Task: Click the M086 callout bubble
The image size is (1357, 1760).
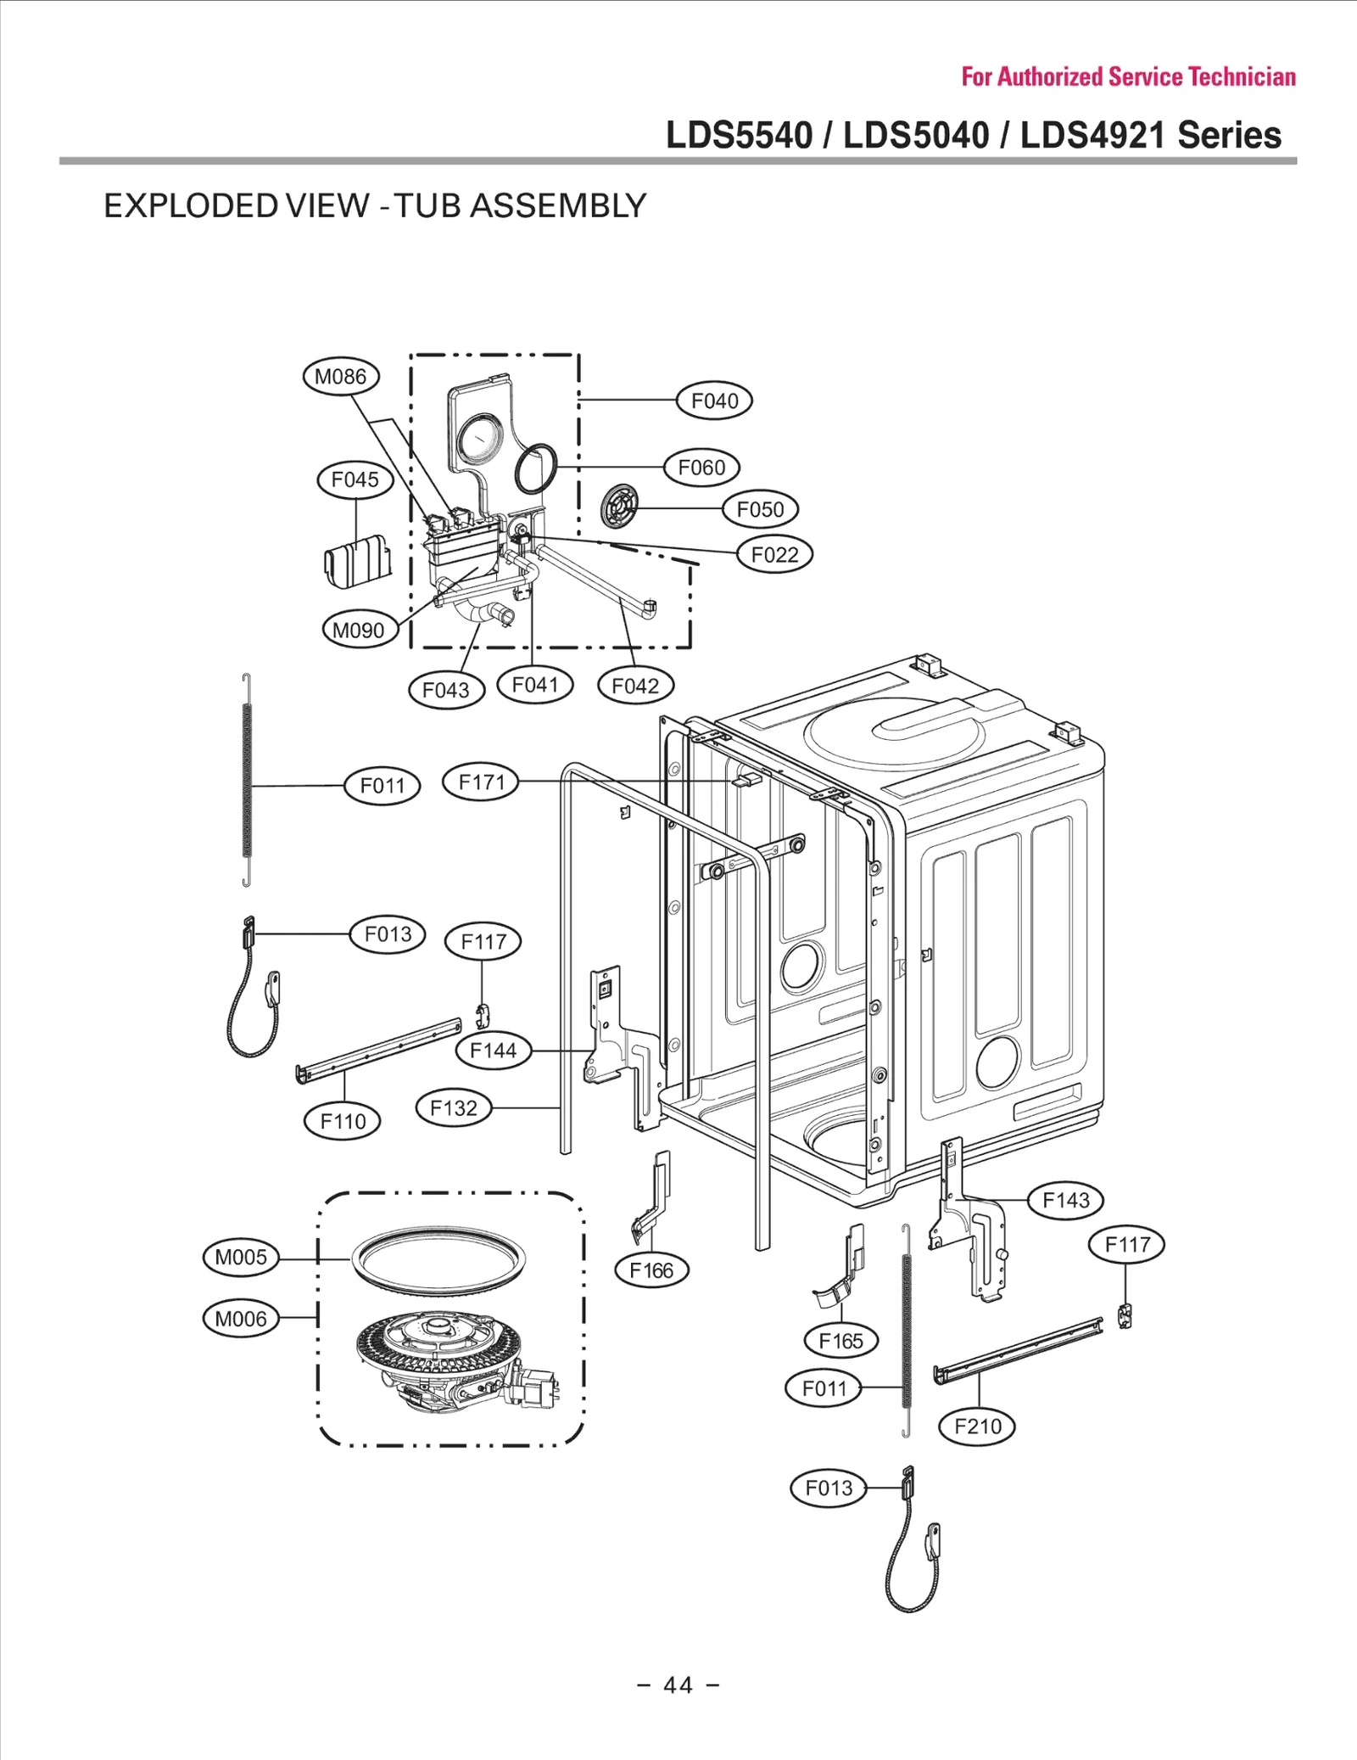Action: (341, 377)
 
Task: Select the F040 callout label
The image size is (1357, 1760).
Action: (714, 401)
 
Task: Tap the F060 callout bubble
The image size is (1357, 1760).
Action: (701, 468)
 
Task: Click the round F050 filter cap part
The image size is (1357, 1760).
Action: (618, 509)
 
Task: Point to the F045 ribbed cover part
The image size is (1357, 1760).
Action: (358, 562)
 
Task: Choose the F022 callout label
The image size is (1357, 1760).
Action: (774, 555)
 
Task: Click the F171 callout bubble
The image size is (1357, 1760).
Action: (481, 782)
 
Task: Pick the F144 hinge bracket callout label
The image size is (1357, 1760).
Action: (493, 1051)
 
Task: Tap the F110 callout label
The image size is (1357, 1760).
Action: (343, 1122)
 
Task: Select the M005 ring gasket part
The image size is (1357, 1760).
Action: (438, 1260)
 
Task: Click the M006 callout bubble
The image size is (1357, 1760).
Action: (241, 1319)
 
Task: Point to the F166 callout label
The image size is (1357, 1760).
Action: (651, 1270)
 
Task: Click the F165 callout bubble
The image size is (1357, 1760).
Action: (840, 1341)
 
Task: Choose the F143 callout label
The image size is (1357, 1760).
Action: (1066, 1200)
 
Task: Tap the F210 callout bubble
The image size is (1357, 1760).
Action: (977, 1426)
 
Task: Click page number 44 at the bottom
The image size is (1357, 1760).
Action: (678, 1685)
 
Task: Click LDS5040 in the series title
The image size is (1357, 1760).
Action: (916, 135)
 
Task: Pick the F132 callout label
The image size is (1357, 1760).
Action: (454, 1108)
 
